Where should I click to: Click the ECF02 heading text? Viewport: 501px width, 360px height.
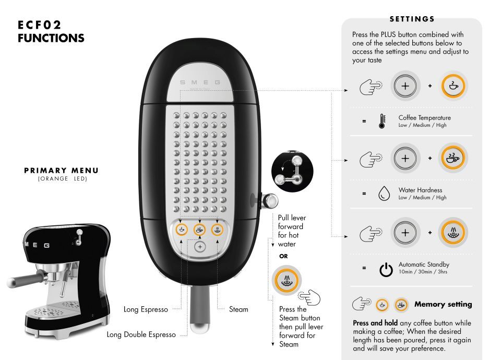[39, 25]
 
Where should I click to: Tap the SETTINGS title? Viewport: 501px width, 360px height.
[412, 19]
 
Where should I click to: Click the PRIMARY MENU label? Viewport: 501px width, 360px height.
[62, 170]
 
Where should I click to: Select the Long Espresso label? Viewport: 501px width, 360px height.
[146, 309]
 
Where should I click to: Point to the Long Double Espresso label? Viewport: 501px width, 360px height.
[141, 334]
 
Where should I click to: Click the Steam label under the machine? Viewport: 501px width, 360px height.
[238, 309]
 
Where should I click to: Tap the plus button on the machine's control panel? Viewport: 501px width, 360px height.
[200, 247]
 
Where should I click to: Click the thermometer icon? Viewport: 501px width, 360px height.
[382, 121]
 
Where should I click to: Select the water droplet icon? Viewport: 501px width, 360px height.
[384, 193]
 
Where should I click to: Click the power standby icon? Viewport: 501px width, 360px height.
[386, 269]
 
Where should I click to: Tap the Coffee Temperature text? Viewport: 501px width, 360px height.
[425, 117]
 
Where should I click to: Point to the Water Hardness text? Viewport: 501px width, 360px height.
[420, 190]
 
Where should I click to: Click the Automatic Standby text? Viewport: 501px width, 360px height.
[424, 265]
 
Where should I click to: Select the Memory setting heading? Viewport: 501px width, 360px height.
[443, 304]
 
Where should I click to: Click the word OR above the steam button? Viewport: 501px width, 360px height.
[283, 256]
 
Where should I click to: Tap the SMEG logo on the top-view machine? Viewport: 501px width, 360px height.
[200, 82]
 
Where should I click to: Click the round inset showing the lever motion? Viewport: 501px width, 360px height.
[292, 171]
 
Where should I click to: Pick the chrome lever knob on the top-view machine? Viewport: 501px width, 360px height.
[270, 201]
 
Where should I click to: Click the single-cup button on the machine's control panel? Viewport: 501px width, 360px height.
[182, 230]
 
